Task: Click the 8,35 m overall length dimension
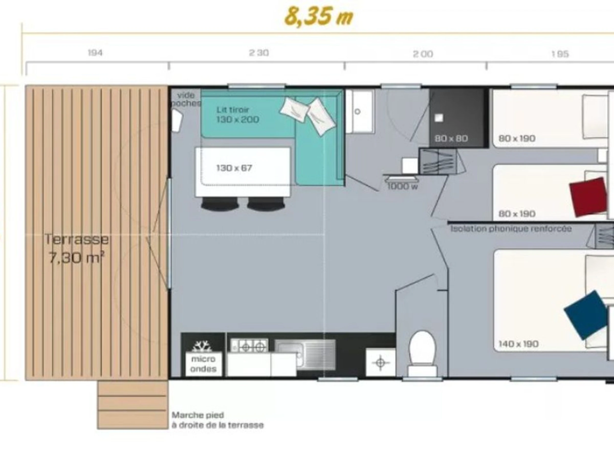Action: (319, 17)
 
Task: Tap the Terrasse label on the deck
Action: (76, 239)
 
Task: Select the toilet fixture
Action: (422, 353)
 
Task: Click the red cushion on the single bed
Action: (588, 197)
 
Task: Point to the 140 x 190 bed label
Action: (519, 344)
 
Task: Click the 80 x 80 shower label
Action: (451, 138)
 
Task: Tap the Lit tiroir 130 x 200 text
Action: (238, 114)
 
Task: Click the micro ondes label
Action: (203, 364)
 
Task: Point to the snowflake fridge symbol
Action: (202, 346)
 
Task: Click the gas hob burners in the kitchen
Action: (249, 346)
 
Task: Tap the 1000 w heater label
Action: (402, 186)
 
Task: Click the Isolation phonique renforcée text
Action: (511, 229)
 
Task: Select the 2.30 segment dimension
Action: (259, 53)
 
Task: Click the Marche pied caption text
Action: (217, 420)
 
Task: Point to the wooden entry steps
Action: (133, 405)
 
